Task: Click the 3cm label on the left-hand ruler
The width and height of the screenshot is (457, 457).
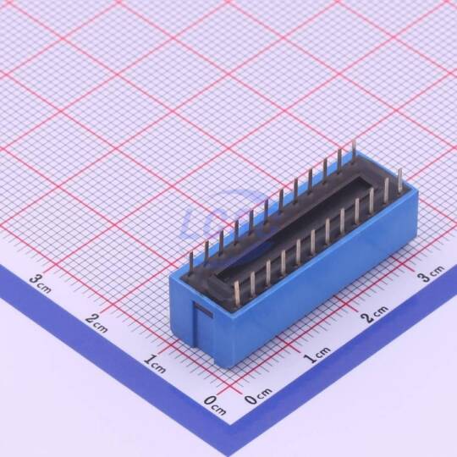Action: click(x=41, y=284)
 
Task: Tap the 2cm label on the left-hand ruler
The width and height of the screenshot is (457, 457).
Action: click(x=96, y=323)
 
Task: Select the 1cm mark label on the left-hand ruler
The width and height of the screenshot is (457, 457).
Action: click(x=155, y=364)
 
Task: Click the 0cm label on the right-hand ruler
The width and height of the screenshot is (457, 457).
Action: click(x=258, y=396)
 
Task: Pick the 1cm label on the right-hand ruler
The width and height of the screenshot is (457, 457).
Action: click(x=317, y=355)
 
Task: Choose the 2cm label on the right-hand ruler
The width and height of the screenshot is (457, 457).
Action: click(x=375, y=314)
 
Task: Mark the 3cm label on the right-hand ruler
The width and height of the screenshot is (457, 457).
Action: click(x=431, y=273)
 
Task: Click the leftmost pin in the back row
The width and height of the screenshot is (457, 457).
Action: click(x=191, y=264)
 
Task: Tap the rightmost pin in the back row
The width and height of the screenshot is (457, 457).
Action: click(x=354, y=151)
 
